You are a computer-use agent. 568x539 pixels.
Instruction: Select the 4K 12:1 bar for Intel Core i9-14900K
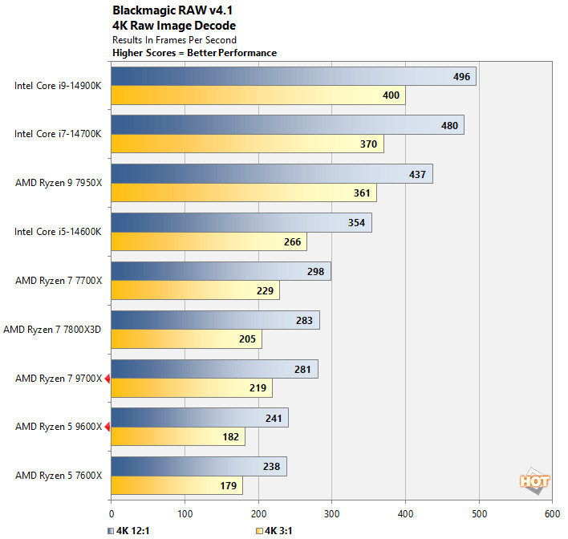pyautogui.click(x=293, y=76)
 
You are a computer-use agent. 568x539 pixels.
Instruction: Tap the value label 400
pyautogui.click(x=390, y=95)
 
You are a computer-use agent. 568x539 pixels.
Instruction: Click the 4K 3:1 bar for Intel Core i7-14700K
pyautogui.click(x=247, y=144)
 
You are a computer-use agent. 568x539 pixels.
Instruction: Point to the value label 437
pyautogui.click(x=419, y=173)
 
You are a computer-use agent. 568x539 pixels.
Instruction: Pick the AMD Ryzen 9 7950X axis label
pyautogui.click(x=59, y=183)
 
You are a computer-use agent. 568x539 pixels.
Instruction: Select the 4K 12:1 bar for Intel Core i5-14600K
pyautogui.click(x=241, y=222)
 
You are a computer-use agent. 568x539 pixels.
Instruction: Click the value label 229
pyautogui.click(x=265, y=291)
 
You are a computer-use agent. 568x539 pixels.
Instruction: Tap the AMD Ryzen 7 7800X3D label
pyautogui.click(x=53, y=329)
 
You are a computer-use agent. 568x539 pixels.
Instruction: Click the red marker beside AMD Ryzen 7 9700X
pyautogui.click(x=107, y=378)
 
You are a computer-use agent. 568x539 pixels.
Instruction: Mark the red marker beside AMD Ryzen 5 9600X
pyautogui.click(x=107, y=427)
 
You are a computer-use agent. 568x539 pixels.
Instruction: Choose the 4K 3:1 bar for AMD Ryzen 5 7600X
pyautogui.click(x=176, y=486)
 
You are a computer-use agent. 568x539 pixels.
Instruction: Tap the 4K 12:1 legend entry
pyautogui.click(x=129, y=530)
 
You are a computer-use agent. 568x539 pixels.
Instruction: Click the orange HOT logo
pyautogui.click(x=534, y=481)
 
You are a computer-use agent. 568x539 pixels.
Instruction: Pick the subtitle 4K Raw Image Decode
pyautogui.click(x=163, y=25)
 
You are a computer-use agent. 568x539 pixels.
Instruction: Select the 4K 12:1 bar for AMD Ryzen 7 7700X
pyautogui.click(x=221, y=271)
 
